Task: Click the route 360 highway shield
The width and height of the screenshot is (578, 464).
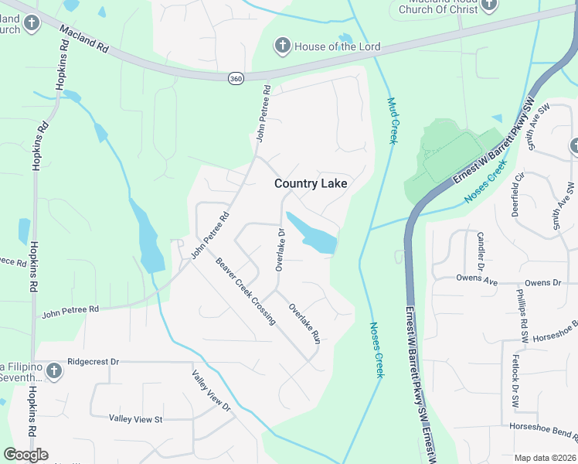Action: pos(236,78)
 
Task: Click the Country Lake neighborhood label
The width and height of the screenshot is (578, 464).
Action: pos(311,183)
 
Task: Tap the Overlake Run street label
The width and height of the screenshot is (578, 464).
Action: pos(304,323)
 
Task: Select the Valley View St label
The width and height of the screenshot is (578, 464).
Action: pos(135,419)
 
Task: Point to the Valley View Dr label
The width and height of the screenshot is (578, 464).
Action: pos(212,390)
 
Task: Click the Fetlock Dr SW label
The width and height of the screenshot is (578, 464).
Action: pos(515,381)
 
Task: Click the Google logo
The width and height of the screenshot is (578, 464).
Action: pos(26,455)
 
